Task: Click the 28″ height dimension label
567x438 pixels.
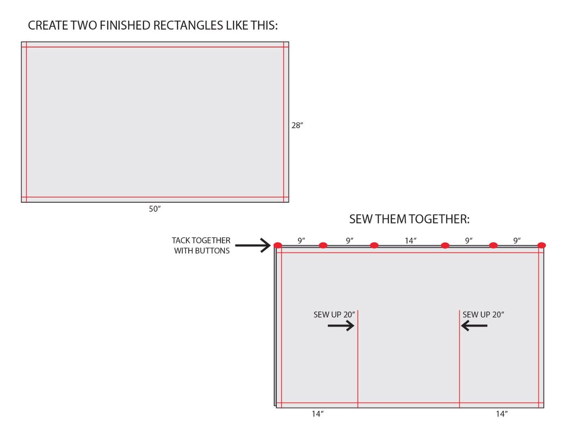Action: (297, 125)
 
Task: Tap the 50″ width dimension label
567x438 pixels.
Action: (155, 209)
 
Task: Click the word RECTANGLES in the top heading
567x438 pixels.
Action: (188, 25)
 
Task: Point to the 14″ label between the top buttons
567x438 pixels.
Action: (410, 240)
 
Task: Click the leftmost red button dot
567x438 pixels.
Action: (278, 245)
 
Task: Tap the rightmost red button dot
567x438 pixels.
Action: (541, 245)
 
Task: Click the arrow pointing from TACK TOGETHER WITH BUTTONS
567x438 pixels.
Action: (252, 245)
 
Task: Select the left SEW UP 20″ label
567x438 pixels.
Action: (334, 315)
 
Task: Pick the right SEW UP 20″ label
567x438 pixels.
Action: (483, 315)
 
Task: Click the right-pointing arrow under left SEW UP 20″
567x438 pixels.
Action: (341, 326)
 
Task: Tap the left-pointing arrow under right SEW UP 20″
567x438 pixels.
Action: (474, 326)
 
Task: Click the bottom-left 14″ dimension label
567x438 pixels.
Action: (317, 414)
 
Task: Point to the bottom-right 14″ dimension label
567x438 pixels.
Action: (502, 414)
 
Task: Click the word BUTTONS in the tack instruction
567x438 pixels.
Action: (212, 251)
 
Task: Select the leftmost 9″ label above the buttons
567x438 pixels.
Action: (302, 240)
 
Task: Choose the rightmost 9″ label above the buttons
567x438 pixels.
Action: (517, 240)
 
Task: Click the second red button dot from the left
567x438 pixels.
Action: (323, 245)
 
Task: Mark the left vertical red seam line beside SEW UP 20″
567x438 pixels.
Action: (358, 359)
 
